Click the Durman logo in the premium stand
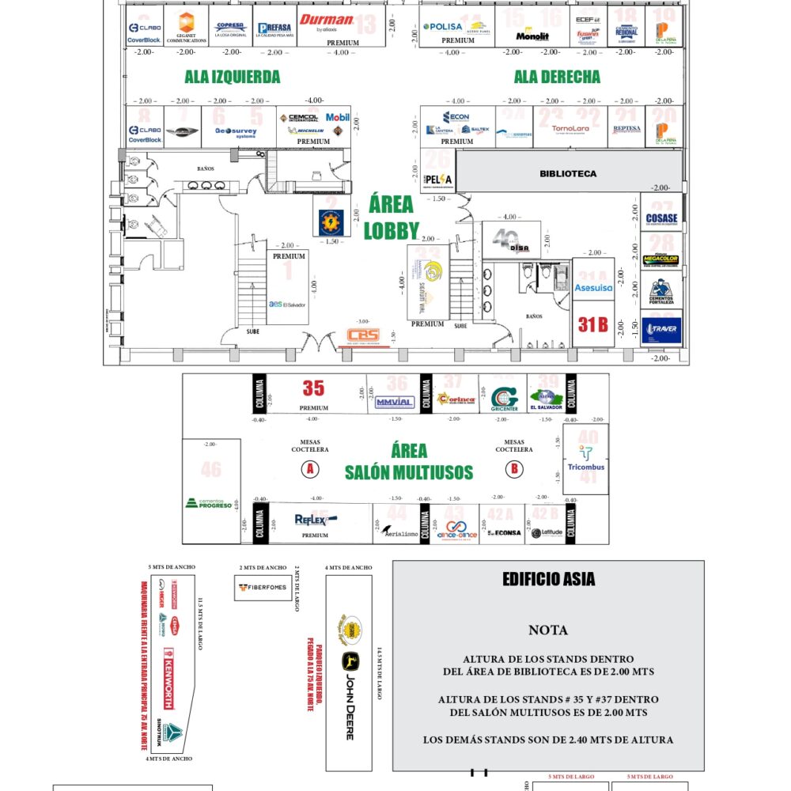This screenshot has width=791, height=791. (x=326, y=21)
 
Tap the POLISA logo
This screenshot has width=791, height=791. (x=443, y=26)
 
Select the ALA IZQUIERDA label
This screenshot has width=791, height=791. (x=233, y=77)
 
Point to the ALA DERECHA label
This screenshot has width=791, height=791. (x=557, y=77)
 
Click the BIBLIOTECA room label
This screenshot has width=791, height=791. (x=568, y=173)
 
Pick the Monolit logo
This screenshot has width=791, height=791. (x=532, y=36)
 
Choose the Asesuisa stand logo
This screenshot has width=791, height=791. (x=593, y=288)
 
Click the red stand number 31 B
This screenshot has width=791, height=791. (x=592, y=324)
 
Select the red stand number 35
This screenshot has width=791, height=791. (x=313, y=388)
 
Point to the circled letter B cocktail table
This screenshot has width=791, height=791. (x=515, y=469)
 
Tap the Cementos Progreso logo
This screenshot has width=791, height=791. (x=210, y=502)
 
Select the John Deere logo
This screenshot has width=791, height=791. (x=348, y=696)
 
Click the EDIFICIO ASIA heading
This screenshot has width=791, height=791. (x=548, y=580)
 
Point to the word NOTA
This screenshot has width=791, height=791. (x=548, y=630)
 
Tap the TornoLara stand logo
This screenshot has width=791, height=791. (x=570, y=128)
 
